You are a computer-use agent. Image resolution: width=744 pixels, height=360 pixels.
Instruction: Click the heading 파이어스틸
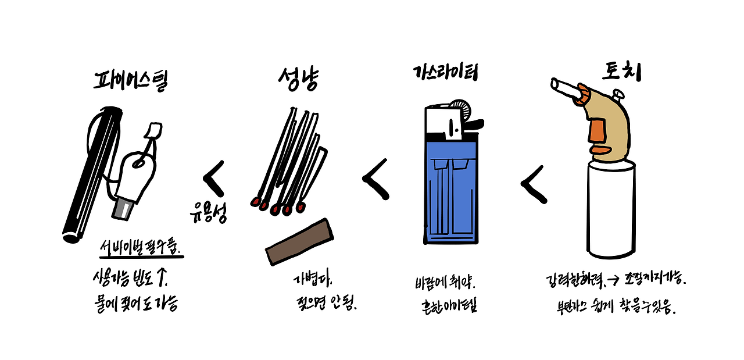pos(130,81)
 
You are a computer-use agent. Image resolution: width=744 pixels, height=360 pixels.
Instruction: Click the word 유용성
pos(208,213)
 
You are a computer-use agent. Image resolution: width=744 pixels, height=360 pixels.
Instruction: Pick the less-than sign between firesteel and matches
pos(214,177)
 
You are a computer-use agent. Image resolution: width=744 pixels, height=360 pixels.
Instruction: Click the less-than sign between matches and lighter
pos(375,179)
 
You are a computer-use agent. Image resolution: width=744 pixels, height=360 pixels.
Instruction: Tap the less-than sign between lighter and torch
pos(533,184)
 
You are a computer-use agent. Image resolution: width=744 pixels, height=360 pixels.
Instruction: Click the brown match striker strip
pos(300,242)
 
